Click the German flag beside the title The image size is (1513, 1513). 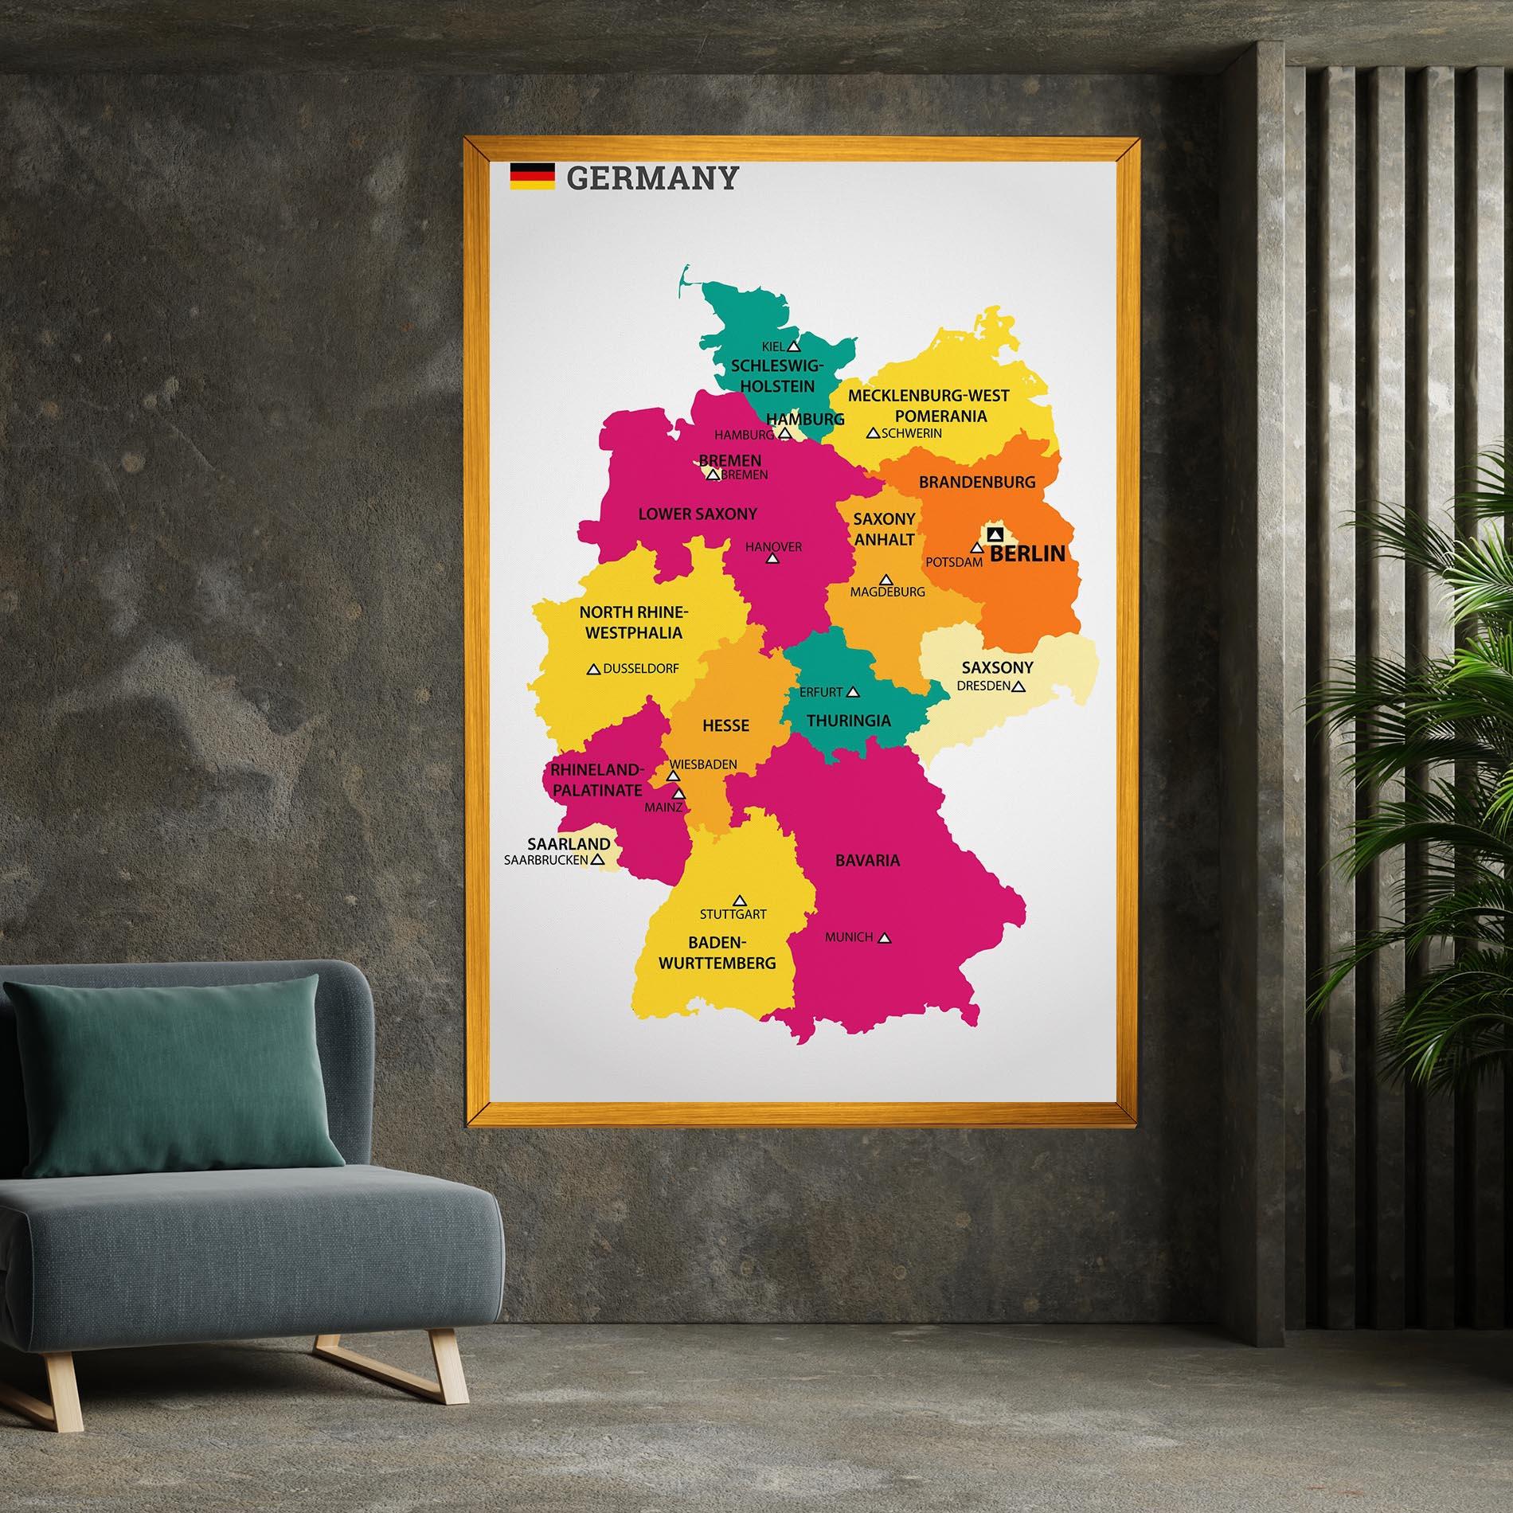(532, 176)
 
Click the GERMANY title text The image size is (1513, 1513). (652, 178)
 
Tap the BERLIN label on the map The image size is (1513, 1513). (1027, 553)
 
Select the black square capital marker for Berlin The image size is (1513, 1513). (993, 534)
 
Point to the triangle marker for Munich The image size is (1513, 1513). (883, 938)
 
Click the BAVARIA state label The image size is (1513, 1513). (867, 860)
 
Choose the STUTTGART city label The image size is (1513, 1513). (733, 914)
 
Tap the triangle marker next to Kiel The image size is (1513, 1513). (793, 346)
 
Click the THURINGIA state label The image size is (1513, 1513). (849, 721)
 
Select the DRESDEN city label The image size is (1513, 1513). (983, 685)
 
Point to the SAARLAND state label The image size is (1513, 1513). (569, 844)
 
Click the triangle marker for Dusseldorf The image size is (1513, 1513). (592, 670)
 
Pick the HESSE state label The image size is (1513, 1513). (725, 725)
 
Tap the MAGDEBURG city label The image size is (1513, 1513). (887, 592)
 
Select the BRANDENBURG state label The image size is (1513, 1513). (977, 482)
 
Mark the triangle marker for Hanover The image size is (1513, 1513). (772, 559)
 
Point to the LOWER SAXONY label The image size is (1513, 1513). (698, 514)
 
